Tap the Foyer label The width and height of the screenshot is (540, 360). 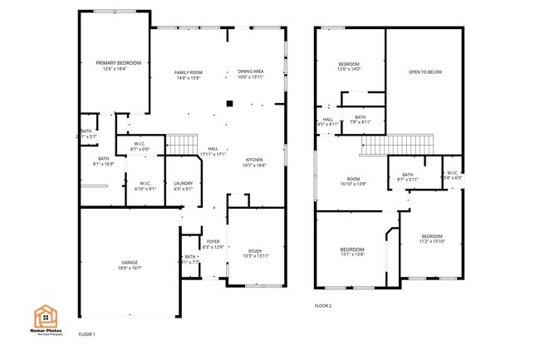click(x=214, y=244)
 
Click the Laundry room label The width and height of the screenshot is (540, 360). click(x=183, y=185)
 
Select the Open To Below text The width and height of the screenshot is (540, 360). click(x=425, y=72)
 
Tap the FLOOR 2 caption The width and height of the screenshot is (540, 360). click(x=322, y=306)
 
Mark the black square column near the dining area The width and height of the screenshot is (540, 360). click(x=230, y=105)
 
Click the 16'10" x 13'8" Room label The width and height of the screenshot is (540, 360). click(x=353, y=180)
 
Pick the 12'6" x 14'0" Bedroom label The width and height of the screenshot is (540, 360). click(x=349, y=67)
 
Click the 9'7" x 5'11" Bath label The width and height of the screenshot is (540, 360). click(x=407, y=177)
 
